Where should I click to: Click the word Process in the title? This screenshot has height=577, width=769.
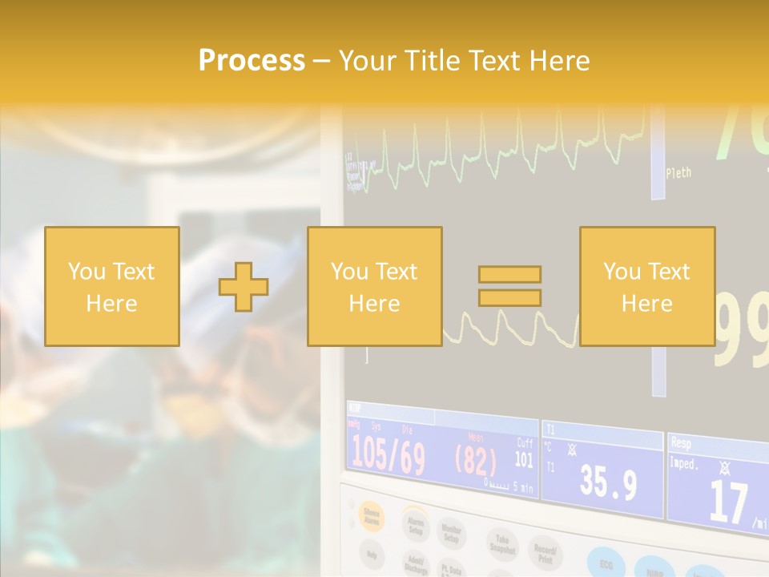[x=252, y=61]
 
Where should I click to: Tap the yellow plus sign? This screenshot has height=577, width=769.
[x=244, y=287]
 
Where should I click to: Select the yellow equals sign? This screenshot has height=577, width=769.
[x=509, y=286]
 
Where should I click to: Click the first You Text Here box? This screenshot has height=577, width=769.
[x=112, y=287]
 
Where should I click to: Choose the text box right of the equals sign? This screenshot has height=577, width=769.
[x=647, y=287]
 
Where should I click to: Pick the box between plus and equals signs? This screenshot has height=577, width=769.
[x=375, y=287]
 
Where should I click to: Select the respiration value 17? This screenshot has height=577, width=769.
[x=728, y=502]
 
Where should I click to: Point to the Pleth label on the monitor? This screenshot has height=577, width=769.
[x=678, y=172]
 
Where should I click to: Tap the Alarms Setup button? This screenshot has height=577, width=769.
[x=415, y=525]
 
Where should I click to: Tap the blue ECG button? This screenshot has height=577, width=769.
[x=606, y=562]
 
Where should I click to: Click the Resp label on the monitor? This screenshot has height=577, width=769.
[x=681, y=442]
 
